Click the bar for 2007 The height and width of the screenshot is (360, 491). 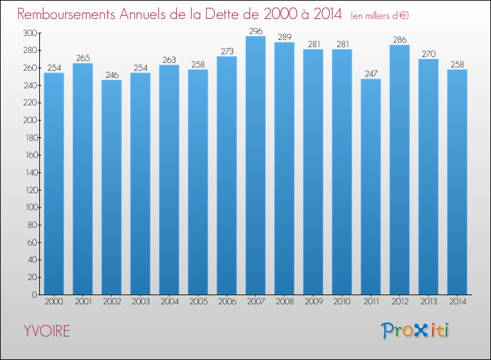(x=255, y=166)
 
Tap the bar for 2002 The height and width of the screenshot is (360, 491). (x=111, y=187)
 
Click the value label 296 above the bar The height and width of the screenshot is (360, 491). (x=255, y=31)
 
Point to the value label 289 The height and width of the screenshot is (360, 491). (x=284, y=37)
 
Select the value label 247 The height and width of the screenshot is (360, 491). (x=371, y=74)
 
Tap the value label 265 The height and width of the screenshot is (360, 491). (x=82, y=58)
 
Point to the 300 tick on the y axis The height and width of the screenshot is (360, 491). (x=29, y=33)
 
